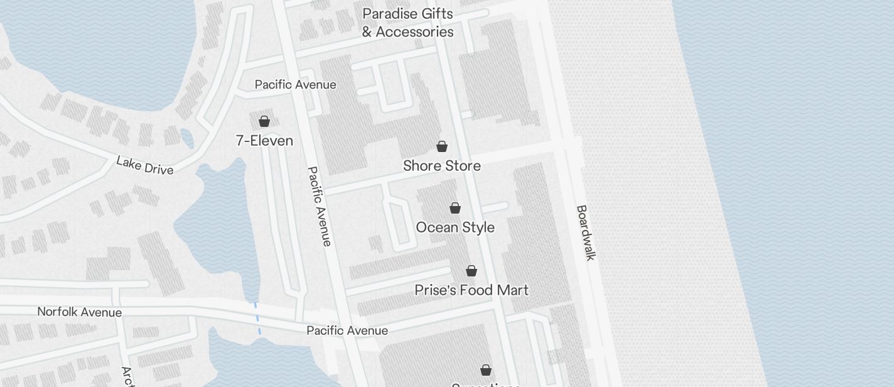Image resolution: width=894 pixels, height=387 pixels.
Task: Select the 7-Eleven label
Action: (264, 141)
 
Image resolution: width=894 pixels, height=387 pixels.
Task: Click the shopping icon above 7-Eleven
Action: (264, 121)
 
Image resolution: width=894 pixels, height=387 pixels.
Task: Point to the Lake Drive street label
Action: (144, 165)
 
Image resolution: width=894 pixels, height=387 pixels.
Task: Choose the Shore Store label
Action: (442, 166)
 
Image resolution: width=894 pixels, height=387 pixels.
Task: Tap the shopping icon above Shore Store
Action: (442, 147)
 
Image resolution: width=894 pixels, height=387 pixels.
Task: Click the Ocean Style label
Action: (455, 227)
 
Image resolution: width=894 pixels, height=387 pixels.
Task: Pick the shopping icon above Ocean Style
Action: (455, 208)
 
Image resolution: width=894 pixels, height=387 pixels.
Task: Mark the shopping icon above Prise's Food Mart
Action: (471, 271)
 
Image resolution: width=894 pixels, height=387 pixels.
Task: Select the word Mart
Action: (511, 290)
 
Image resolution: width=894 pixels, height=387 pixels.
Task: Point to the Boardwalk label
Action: (585, 232)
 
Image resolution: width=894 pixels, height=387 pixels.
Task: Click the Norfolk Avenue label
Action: (80, 312)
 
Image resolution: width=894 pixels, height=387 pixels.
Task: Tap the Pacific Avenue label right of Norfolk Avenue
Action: (347, 330)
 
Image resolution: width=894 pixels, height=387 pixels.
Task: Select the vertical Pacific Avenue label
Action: (319, 206)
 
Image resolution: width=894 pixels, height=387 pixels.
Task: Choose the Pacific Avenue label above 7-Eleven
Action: (295, 85)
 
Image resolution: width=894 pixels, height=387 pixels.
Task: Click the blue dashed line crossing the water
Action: (257, 319)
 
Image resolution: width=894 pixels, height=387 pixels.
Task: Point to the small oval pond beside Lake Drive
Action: (187, 139)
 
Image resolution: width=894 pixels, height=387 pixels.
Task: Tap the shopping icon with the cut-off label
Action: (486, 370)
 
